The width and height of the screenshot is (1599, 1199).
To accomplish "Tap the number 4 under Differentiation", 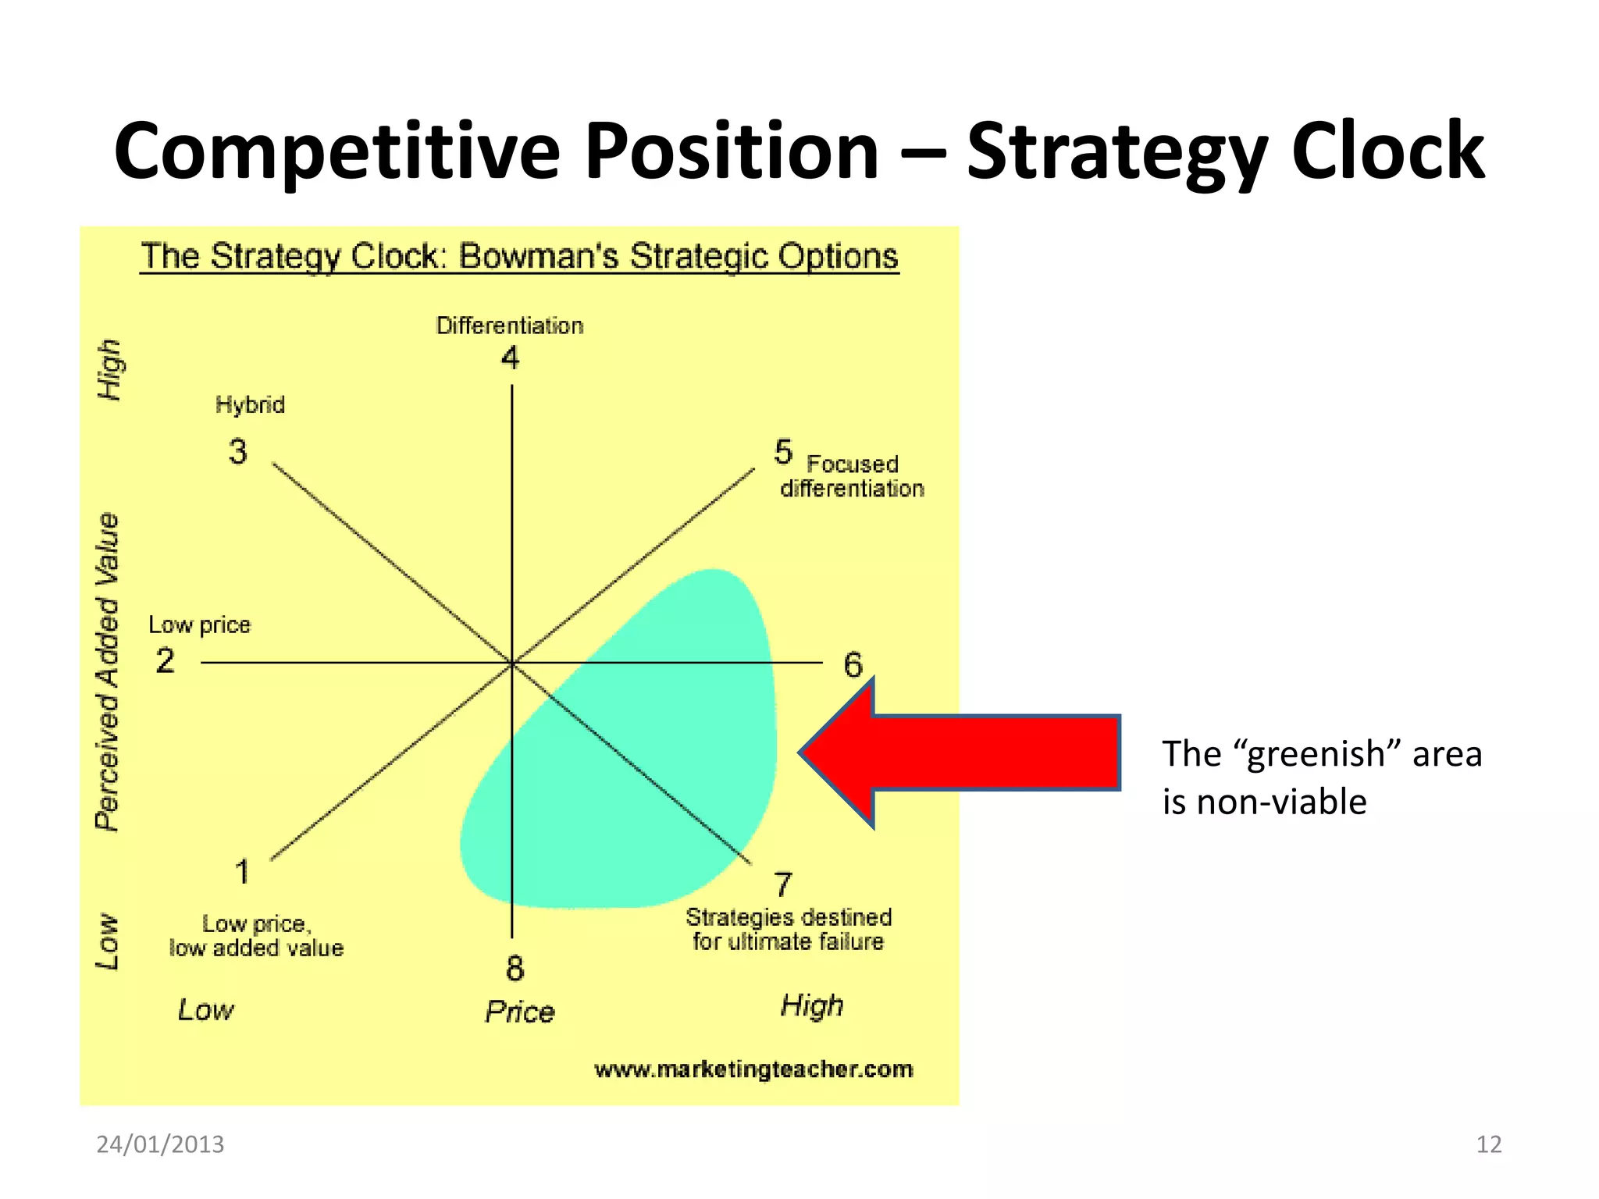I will [x=510, y=358].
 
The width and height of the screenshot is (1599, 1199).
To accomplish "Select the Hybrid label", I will [x=250, y=404].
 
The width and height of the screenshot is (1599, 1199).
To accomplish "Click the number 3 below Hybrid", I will [x=237, y=452].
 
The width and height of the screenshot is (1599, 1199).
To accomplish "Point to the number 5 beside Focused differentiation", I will [x=783, y=452].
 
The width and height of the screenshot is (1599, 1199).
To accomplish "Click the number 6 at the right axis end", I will [x=853, y=665].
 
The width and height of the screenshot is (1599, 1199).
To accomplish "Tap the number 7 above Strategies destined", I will [x=783, y=884].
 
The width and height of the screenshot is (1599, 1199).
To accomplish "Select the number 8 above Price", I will [x=515, y=969].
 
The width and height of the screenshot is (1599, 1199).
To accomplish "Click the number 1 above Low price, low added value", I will [x=242, y=872].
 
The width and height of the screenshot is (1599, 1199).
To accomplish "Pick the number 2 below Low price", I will [x=165, y=661].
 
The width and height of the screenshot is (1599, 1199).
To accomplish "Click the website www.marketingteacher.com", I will [x=753, y=1069].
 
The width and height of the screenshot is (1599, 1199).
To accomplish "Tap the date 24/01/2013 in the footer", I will [x=160, y=1144].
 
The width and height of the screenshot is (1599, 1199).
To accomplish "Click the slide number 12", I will [x=1489, y=1144].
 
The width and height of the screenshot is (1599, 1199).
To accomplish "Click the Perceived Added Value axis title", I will [x=108, y=671].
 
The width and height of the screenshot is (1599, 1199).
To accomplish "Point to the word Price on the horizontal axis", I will [x=519, y=1012].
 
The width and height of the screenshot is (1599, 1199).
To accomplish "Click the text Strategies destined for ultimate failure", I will [x=788, y=929].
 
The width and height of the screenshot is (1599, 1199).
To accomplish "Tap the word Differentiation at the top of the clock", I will [x=509, y=326].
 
